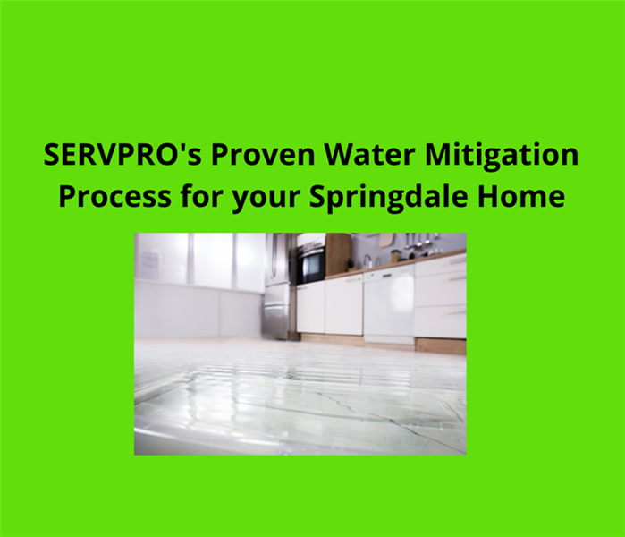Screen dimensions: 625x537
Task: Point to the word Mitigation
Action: pyautogui.click(x=502, y=156)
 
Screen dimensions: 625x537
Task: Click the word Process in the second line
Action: pyautogui.click(x=114, y=196)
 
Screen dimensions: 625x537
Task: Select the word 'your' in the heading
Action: pyautogui.click(x=265, y=199)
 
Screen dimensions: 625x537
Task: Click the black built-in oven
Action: pyautogui.click(x=311, y=262)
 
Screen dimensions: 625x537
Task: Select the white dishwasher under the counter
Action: pyautogui.click(x=389, y=306)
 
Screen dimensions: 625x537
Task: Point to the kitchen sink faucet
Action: pyautogui.click(x=367, y=261)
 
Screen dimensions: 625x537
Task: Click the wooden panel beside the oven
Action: pyautogui.click(x=338, y=254)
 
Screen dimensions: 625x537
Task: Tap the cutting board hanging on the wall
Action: pyautogui.click(x=386, y=240)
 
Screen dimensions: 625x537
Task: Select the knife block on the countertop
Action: pyautogui.click(x=351, y=265)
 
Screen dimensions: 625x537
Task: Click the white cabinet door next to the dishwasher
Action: pyautogui.click(x=343, y=304)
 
